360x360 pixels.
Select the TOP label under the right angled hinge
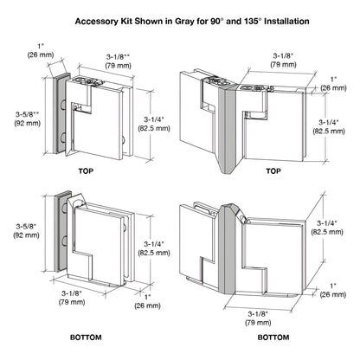pos(274,170)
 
